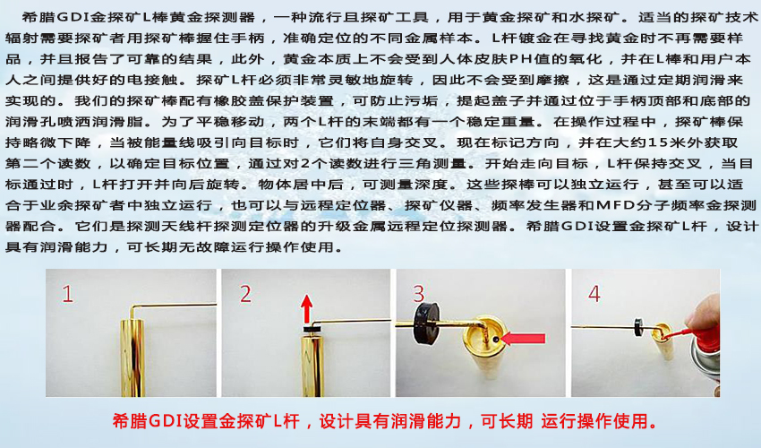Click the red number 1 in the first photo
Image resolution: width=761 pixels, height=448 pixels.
tap(68, 295)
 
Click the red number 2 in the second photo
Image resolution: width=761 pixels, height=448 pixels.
tap(246, 294)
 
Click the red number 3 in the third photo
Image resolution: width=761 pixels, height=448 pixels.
tap(418, 294)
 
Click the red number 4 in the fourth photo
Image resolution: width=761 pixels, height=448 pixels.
tap(594, 294)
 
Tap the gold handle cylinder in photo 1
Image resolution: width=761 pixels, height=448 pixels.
tap(135, 358)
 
